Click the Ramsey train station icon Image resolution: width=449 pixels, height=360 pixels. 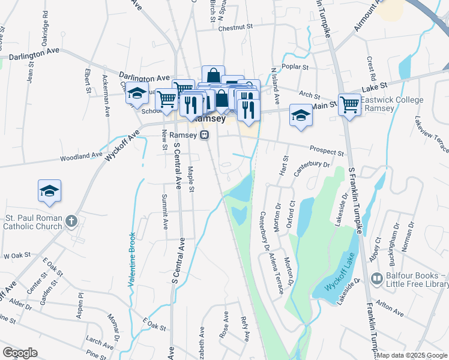pyautogui.click(x=205, y=135)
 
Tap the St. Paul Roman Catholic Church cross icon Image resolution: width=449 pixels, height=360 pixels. pyautogui.click(x=71, y=221)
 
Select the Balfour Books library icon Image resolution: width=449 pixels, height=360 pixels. pyautogui.click(x=377, y=278)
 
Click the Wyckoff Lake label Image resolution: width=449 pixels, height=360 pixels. pyautogui.click(x=340, y=272)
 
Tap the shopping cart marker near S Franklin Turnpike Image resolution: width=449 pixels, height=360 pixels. pyautogui.click(x=349, y=104)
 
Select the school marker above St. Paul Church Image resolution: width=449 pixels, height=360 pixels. pyautogui.click(x=49, y=191)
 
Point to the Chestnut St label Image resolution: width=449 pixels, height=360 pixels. pyautogui.click(x=236, y=27)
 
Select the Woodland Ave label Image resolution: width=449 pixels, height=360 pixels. pyautogui.click(x=80, y=156)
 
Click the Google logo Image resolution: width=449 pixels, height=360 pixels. pyautogui.click(x=20, y=352)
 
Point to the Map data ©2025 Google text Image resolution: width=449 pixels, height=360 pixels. pyautogui.click(x=412, y=355)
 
